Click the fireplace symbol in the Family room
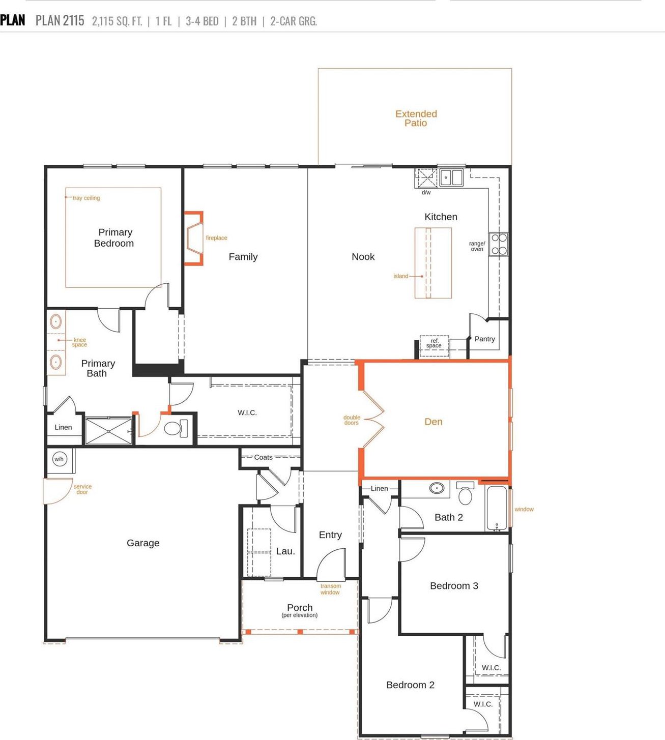[x=194, y=238]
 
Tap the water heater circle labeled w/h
[x=59, y=459]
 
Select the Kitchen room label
[x=441, y=217]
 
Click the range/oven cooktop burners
[x=499, y=244]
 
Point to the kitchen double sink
[x=451, y=177]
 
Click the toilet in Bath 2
[x=465, y=493]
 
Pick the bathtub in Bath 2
[x=497, y=508]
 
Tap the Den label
[x=433, y=422]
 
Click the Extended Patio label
[x=416, y=119]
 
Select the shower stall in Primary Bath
[x=109, y=431]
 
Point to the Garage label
[x=143, y=543]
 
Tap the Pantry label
[x=484, y=339]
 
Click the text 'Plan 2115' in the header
[x=60, y=20]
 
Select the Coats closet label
[x=263, y=457]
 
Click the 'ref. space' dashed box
[x=434, y=345]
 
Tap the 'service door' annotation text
[x=82, y=489]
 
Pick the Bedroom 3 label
[x=454, y=585]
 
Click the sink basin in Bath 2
[x=437, y=488]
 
